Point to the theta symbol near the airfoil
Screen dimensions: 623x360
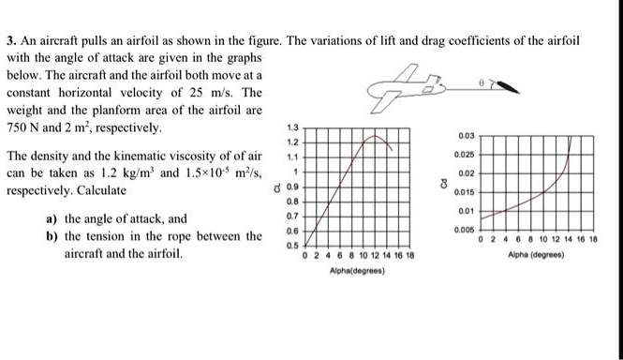(483, 83)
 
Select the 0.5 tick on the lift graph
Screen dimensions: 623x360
(297, 246)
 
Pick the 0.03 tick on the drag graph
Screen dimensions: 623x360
(467, 136)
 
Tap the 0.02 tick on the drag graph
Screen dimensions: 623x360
(467, 174)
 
